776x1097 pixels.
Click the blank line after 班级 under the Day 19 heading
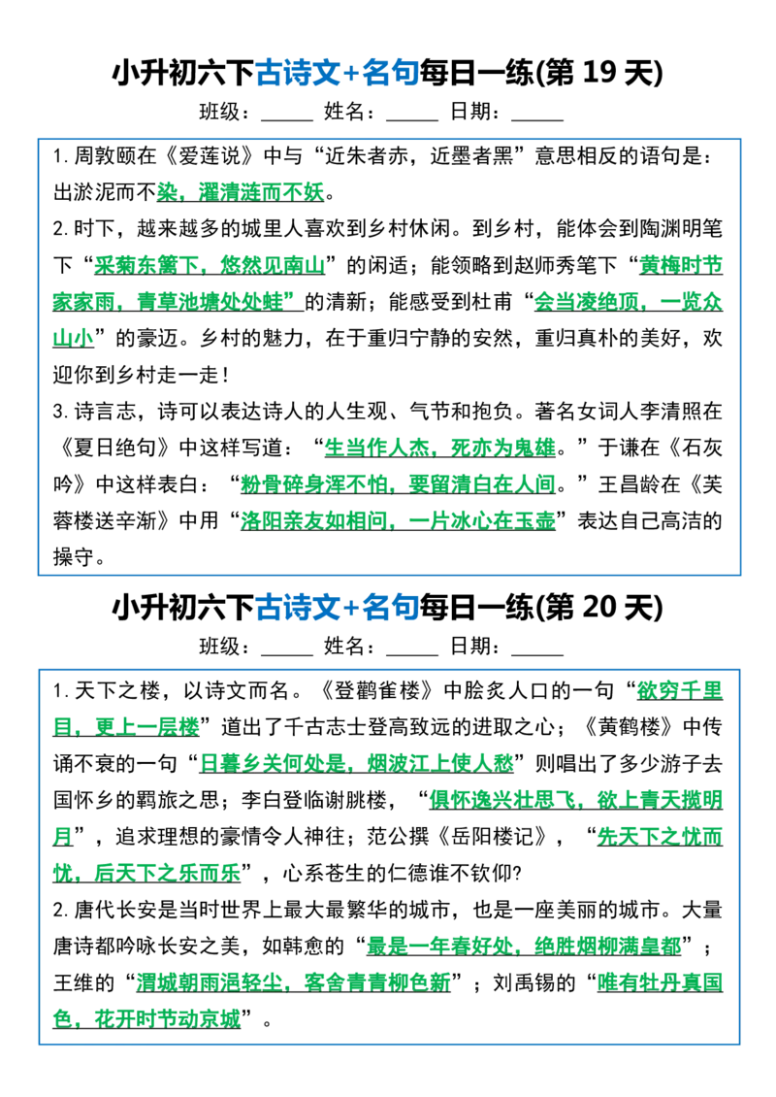pos(286,120)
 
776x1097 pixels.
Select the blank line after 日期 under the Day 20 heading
pos(537,654)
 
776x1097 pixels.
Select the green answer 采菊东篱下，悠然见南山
pos(210,265)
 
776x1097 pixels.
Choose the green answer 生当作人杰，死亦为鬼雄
pos(440,448)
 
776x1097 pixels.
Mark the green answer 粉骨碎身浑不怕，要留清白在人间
pos(398,484)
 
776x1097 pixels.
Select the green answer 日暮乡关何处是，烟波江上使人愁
pos(357,763)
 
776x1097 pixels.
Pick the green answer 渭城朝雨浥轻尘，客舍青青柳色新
pos(294,982)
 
